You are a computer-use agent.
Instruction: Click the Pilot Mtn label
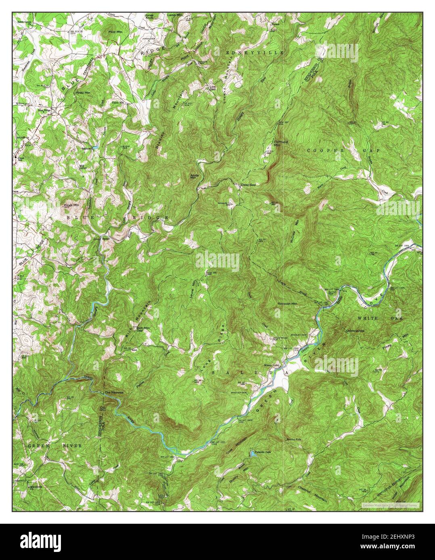pos(115,31)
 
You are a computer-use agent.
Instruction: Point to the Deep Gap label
pos(249,185)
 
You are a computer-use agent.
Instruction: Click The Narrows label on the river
pos(114,392)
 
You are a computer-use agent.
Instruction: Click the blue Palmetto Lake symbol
pos(252,454)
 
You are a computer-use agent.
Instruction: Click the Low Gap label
pos(212,88)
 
